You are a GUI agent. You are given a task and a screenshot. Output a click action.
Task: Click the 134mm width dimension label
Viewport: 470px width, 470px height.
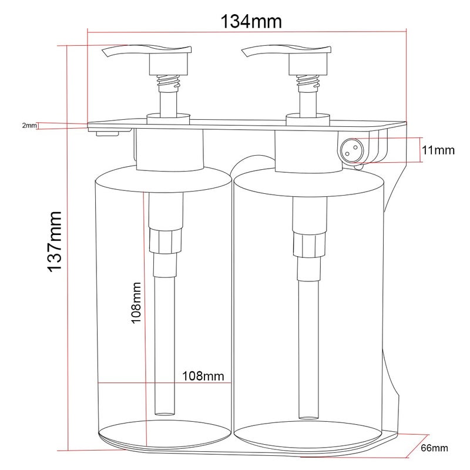click(251, 22)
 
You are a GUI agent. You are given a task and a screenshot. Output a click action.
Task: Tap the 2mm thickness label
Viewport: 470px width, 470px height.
click(29, 125)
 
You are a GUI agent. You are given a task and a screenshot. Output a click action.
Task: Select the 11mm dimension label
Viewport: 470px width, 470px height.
click(438, 150)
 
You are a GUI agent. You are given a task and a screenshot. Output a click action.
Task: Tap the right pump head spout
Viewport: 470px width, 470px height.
click(251, 53)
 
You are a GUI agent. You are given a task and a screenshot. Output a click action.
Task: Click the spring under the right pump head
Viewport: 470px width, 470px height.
click(307, 82)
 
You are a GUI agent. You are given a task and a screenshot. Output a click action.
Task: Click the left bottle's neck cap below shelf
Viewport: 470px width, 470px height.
click(170, 150)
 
